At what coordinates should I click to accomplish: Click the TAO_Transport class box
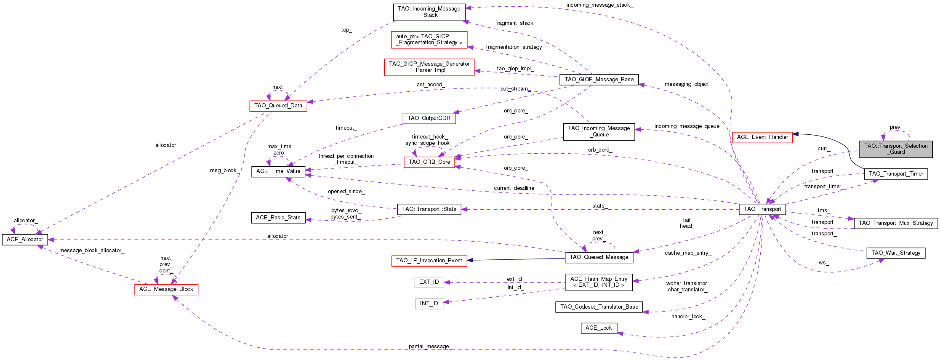762,209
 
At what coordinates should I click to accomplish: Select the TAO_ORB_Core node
429,162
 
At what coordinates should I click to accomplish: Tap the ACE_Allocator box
25,240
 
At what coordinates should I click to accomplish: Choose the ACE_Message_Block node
166,289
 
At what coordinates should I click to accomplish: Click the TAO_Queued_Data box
278,106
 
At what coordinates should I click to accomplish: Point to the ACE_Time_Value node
278,171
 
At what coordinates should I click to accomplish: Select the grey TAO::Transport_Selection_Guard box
896,149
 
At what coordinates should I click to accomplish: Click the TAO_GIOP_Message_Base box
599,80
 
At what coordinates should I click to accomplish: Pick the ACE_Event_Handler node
762,137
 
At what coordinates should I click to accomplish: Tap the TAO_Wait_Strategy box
895,253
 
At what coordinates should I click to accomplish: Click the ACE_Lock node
599,328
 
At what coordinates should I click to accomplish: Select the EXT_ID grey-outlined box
429,282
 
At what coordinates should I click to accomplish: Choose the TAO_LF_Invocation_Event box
429,261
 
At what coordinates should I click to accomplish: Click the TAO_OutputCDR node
429,118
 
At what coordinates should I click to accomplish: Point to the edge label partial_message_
430,347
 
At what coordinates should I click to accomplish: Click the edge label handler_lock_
688,317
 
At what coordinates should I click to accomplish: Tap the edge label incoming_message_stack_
599,5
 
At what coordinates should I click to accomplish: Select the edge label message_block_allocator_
92,251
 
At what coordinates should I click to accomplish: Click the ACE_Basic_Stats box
278,218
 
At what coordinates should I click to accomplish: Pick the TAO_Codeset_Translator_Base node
599,307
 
